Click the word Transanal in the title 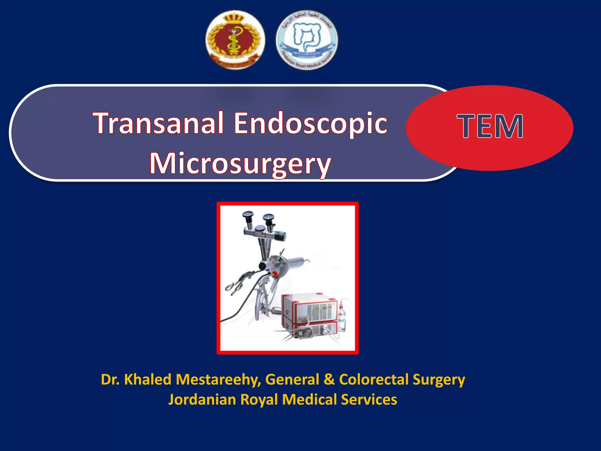pyautogui.click(x=158, y=123)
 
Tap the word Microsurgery pyautogui.click(x=240, y=164)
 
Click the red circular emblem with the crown pyautogui.click(x=235, y=40)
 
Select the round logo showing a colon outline pyautogui.click(x=307, y=40)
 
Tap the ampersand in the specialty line pyautogui.click(x=329, y=379)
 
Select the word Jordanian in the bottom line pyautogui.click(x=202, y=400)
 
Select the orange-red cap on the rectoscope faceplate pyautogui.click(x=275, y=274)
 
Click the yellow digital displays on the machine pyautogui.click(x=320, y=308)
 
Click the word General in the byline pyautogui.click(x=292, y=379)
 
